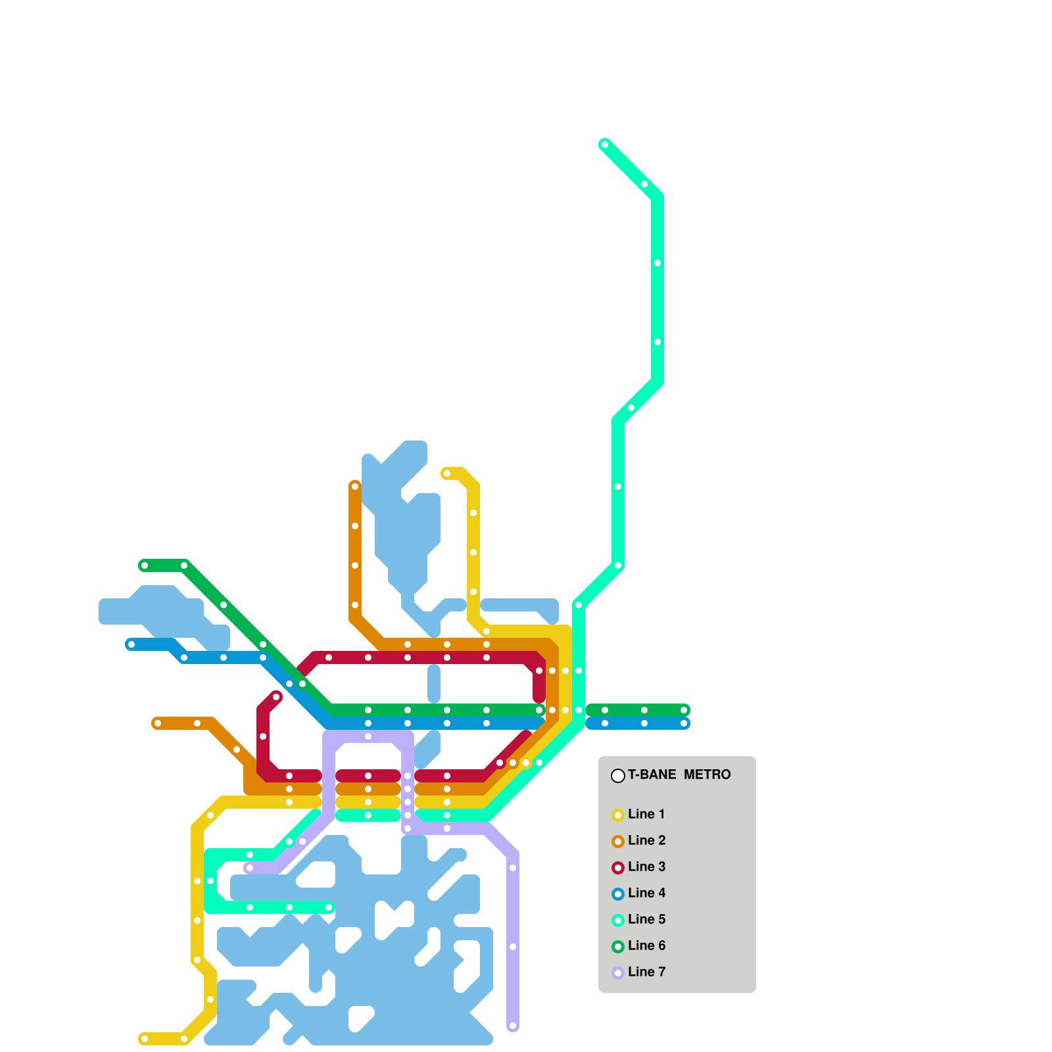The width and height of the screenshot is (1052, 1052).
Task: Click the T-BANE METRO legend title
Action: coord(679,775)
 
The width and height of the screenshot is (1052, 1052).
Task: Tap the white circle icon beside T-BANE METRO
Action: coord(618,776)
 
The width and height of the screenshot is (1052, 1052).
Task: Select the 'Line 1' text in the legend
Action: coord(646,814)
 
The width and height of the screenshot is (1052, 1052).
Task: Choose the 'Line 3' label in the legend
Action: coord(646,867)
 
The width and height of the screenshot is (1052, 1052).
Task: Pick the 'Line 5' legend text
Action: coord(646,919)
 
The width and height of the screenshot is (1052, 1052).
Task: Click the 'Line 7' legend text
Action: coord(646,972)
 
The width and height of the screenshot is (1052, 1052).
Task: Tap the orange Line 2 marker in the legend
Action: coord(618,842)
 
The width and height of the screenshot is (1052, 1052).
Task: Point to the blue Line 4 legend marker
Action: coord(618,894)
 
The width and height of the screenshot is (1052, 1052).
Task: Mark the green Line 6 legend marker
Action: coord(618,947)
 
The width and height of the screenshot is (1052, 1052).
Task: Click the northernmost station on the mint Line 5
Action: coord(605,145)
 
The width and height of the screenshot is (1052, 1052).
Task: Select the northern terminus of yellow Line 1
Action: coord(447,473)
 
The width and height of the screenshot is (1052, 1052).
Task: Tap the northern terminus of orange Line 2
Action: coord(355,487)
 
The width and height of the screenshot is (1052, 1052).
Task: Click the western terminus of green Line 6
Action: coord(145,565)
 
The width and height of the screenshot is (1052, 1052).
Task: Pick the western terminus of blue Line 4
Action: coord(131,644)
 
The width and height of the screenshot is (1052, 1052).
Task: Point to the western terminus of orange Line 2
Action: coord(158,723)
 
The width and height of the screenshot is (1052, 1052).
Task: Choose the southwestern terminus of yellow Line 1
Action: coord(145,1039)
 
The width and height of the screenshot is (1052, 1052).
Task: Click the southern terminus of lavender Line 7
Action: coord(513,1026)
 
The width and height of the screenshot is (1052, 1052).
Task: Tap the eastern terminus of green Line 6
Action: coord(684,710)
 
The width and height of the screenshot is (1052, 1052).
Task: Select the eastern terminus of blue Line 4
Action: coord(684,723)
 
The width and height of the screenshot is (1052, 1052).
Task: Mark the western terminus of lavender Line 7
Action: coord(250,868)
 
